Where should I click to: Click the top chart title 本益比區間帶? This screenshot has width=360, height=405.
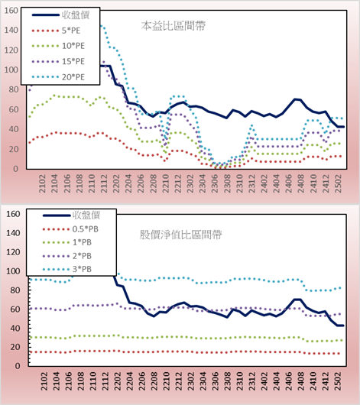pos(174,26)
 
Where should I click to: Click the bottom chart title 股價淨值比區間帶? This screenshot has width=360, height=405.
pos(180,235)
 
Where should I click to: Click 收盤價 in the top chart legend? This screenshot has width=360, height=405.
pos(76,15)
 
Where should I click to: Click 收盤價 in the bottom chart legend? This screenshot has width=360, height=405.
pos(86,215)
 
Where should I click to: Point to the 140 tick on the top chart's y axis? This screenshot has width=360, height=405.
pos(11,31)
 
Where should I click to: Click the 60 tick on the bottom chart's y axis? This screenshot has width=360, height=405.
pos(15,309)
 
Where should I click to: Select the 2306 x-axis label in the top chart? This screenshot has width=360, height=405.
pos(215,183)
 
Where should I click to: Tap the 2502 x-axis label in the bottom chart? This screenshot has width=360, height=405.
pos(338,381)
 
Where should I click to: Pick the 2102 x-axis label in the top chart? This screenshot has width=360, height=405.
pos(42,183)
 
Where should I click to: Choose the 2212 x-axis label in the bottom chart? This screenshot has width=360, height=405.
pos(178,381)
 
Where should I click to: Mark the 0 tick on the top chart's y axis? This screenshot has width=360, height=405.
pos(16,169)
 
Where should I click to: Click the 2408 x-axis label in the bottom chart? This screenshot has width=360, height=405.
pos(301,381)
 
